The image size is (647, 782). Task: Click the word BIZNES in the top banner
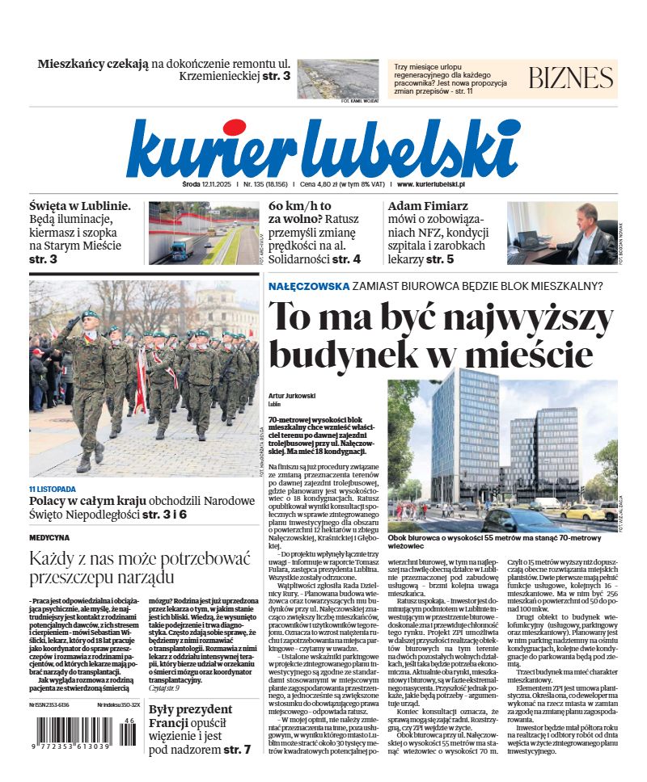[x=571, y=78]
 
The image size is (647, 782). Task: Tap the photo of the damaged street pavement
[x=337, y=78]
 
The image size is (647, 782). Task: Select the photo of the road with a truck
[x=202, y=233]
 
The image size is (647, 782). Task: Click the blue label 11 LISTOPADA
[x=53, y=489]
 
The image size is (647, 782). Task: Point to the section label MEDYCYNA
[x=49, y=536]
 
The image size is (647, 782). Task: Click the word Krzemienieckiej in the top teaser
[x=223, y=76]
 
